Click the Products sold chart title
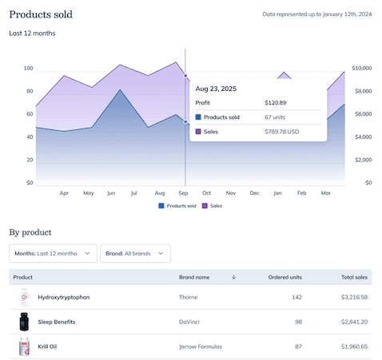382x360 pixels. pos(41,14)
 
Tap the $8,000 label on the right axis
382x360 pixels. pos(363,91)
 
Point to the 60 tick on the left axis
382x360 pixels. pos(30,114)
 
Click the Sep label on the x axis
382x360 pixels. pos(183,193)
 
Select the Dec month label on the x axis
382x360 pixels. pos(254,193)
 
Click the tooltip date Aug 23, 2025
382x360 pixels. pos(216,89)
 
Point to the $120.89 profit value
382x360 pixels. pos(276,103)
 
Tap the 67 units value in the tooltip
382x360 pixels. pos(275,117)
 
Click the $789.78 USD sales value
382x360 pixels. pos(282,132)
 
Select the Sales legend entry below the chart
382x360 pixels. pos(212,206)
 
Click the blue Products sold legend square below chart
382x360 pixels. pos(161,206)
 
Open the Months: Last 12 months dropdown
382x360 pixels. pos(53,253)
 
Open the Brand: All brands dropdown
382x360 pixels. pos(135,253)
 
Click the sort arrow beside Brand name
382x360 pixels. pos(233,277)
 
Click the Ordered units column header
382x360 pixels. pos(285,277)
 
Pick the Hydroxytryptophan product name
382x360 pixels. pos(64,297)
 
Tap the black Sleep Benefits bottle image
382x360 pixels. pos(24,322)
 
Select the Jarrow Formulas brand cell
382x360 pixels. pos(201,346)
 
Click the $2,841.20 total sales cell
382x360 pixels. pos(354,322)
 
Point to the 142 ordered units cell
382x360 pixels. pos(296,297)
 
